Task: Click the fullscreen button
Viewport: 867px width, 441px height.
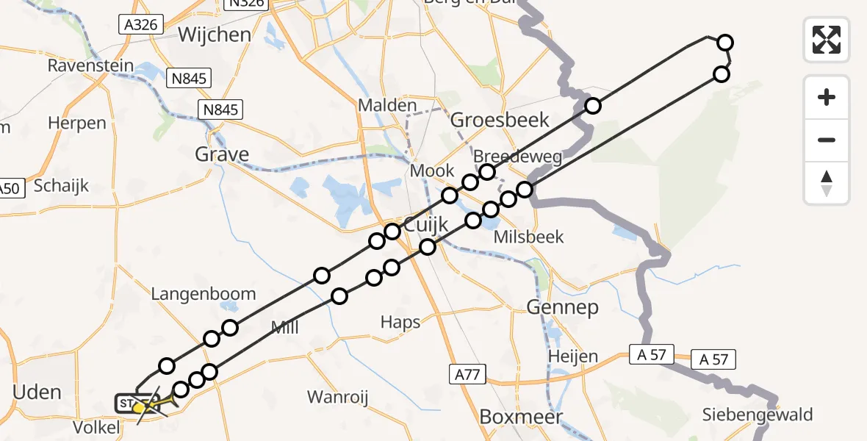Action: pos(827,39)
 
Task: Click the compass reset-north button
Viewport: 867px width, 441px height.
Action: pos(827,183)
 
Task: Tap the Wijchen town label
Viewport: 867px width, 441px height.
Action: pos(214,35)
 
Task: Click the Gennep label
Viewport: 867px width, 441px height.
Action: pos(562,307)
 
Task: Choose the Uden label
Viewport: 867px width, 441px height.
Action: pos(37,392)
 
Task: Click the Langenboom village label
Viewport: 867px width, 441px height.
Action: pos(203,294)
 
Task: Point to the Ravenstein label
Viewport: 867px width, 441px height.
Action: pos(91,65)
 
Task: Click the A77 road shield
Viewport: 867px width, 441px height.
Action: pos(468,376)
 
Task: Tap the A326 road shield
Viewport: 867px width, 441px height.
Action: pos(140,25)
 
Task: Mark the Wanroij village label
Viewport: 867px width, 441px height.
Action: pos(337,398)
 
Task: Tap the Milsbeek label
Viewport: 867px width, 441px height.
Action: pos(529,237)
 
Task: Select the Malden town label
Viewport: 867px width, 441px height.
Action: pos(387,105)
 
